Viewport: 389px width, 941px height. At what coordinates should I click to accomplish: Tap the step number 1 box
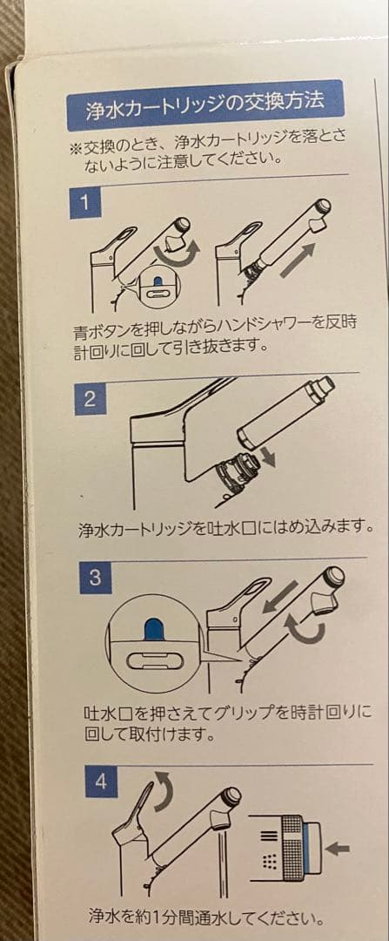click(x=85, y=204)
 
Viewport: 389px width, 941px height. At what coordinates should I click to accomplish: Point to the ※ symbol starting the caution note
click(x=74, y=143)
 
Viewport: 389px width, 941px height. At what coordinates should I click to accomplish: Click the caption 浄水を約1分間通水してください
click(x=206, y=917)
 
